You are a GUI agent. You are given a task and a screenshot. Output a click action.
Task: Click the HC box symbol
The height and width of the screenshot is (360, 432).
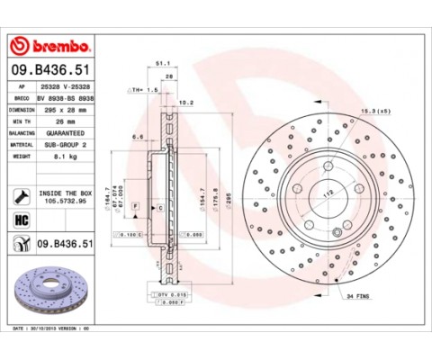[21, 219]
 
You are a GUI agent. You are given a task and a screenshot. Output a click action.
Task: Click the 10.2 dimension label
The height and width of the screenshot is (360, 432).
[187, 103]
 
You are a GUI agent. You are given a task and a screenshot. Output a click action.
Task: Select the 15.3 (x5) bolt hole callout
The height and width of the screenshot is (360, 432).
[372, 110]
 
